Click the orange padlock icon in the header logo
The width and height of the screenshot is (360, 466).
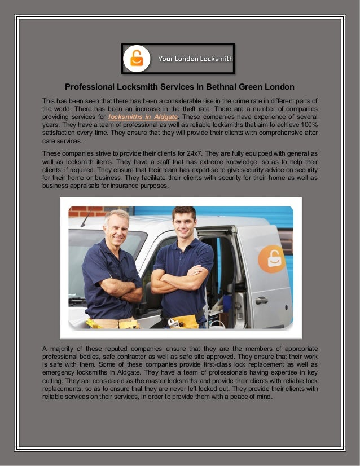137,59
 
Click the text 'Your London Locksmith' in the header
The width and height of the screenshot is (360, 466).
195,58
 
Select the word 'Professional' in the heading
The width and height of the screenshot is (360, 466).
90,87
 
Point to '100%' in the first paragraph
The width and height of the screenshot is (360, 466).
308,124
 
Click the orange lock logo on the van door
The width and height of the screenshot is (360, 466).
271,258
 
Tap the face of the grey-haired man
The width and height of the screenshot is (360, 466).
116,227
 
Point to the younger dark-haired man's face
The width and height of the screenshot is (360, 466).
183,223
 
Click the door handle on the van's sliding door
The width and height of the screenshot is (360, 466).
261,301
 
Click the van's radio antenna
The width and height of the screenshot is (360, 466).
85,219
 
